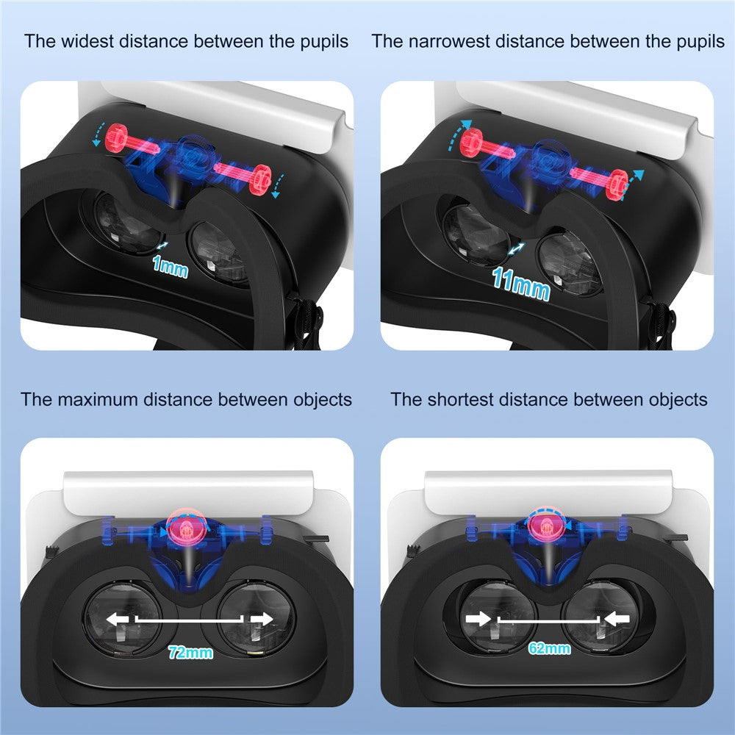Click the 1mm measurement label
[171, 268]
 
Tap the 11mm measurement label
[521, 284]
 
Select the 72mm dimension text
[190, 652]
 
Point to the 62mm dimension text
[549, 648]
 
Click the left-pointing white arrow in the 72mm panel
[117, 619]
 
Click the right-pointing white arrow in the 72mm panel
[262, 619]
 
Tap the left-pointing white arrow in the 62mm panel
[617, 619]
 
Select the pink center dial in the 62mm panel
[547, 526]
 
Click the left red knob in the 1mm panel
[116, 137]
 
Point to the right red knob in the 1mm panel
[259, 179]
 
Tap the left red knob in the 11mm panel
[471, 142]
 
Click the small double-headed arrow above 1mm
[162, 246]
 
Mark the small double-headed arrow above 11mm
[516, 249]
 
